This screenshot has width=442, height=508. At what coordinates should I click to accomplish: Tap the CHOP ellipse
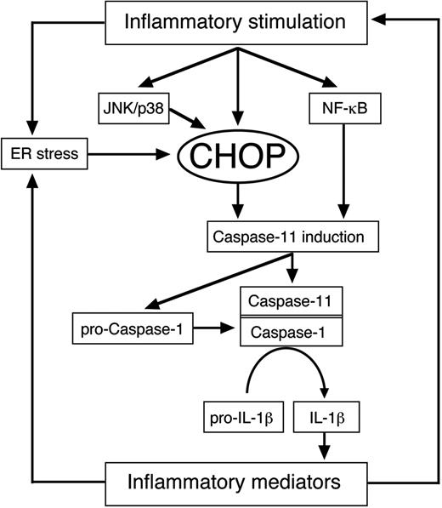(239, 157)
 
